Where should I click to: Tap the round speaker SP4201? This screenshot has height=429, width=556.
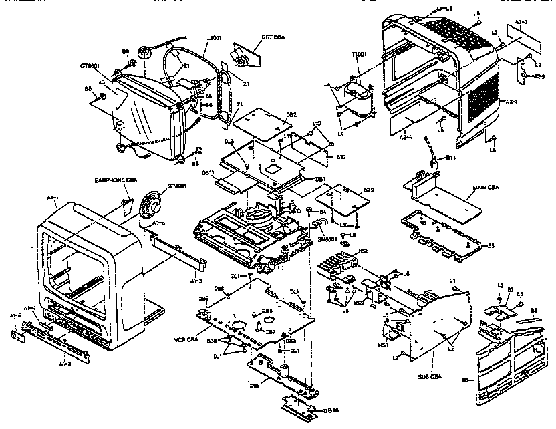(x=151, y=202)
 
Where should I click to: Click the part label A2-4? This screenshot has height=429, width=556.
(x=404, y=136)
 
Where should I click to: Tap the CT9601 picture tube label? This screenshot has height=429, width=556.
(x=90, y=65)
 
